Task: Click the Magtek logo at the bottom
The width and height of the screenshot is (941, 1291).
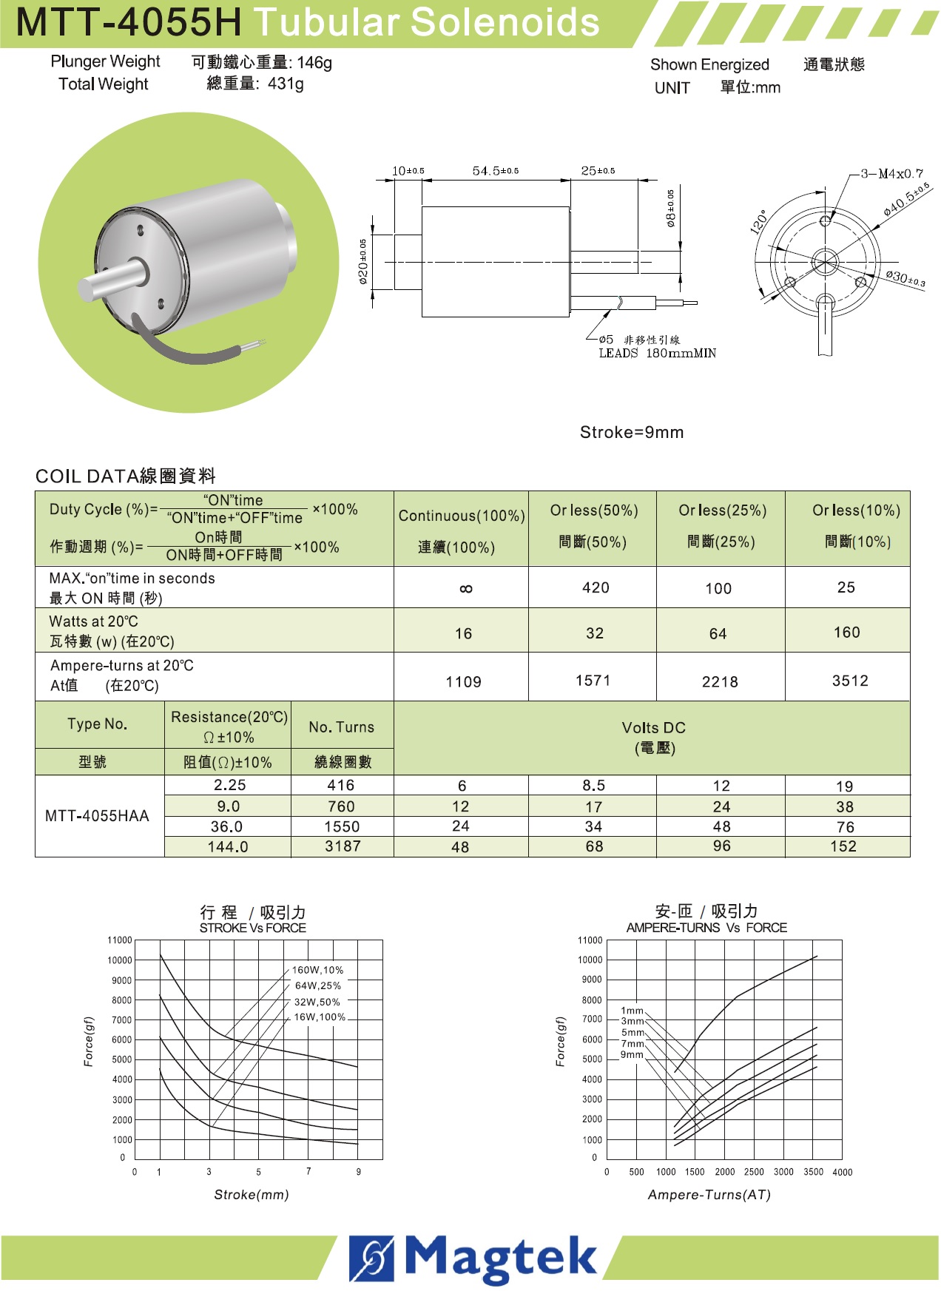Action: (473, 1258)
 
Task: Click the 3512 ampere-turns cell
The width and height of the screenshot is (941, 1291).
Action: (850, 681)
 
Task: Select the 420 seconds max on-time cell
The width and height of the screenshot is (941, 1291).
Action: (596, 587)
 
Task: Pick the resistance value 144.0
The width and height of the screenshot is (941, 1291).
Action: (228, 846)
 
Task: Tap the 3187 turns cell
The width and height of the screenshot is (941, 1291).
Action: (343, 846)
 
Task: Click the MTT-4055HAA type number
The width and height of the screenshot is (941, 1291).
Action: (97, 816)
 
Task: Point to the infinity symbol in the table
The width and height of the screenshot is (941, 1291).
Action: (465, 589)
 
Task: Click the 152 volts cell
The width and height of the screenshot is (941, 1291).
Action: (843, 846)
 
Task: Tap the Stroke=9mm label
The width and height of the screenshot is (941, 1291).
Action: (632, 432)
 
